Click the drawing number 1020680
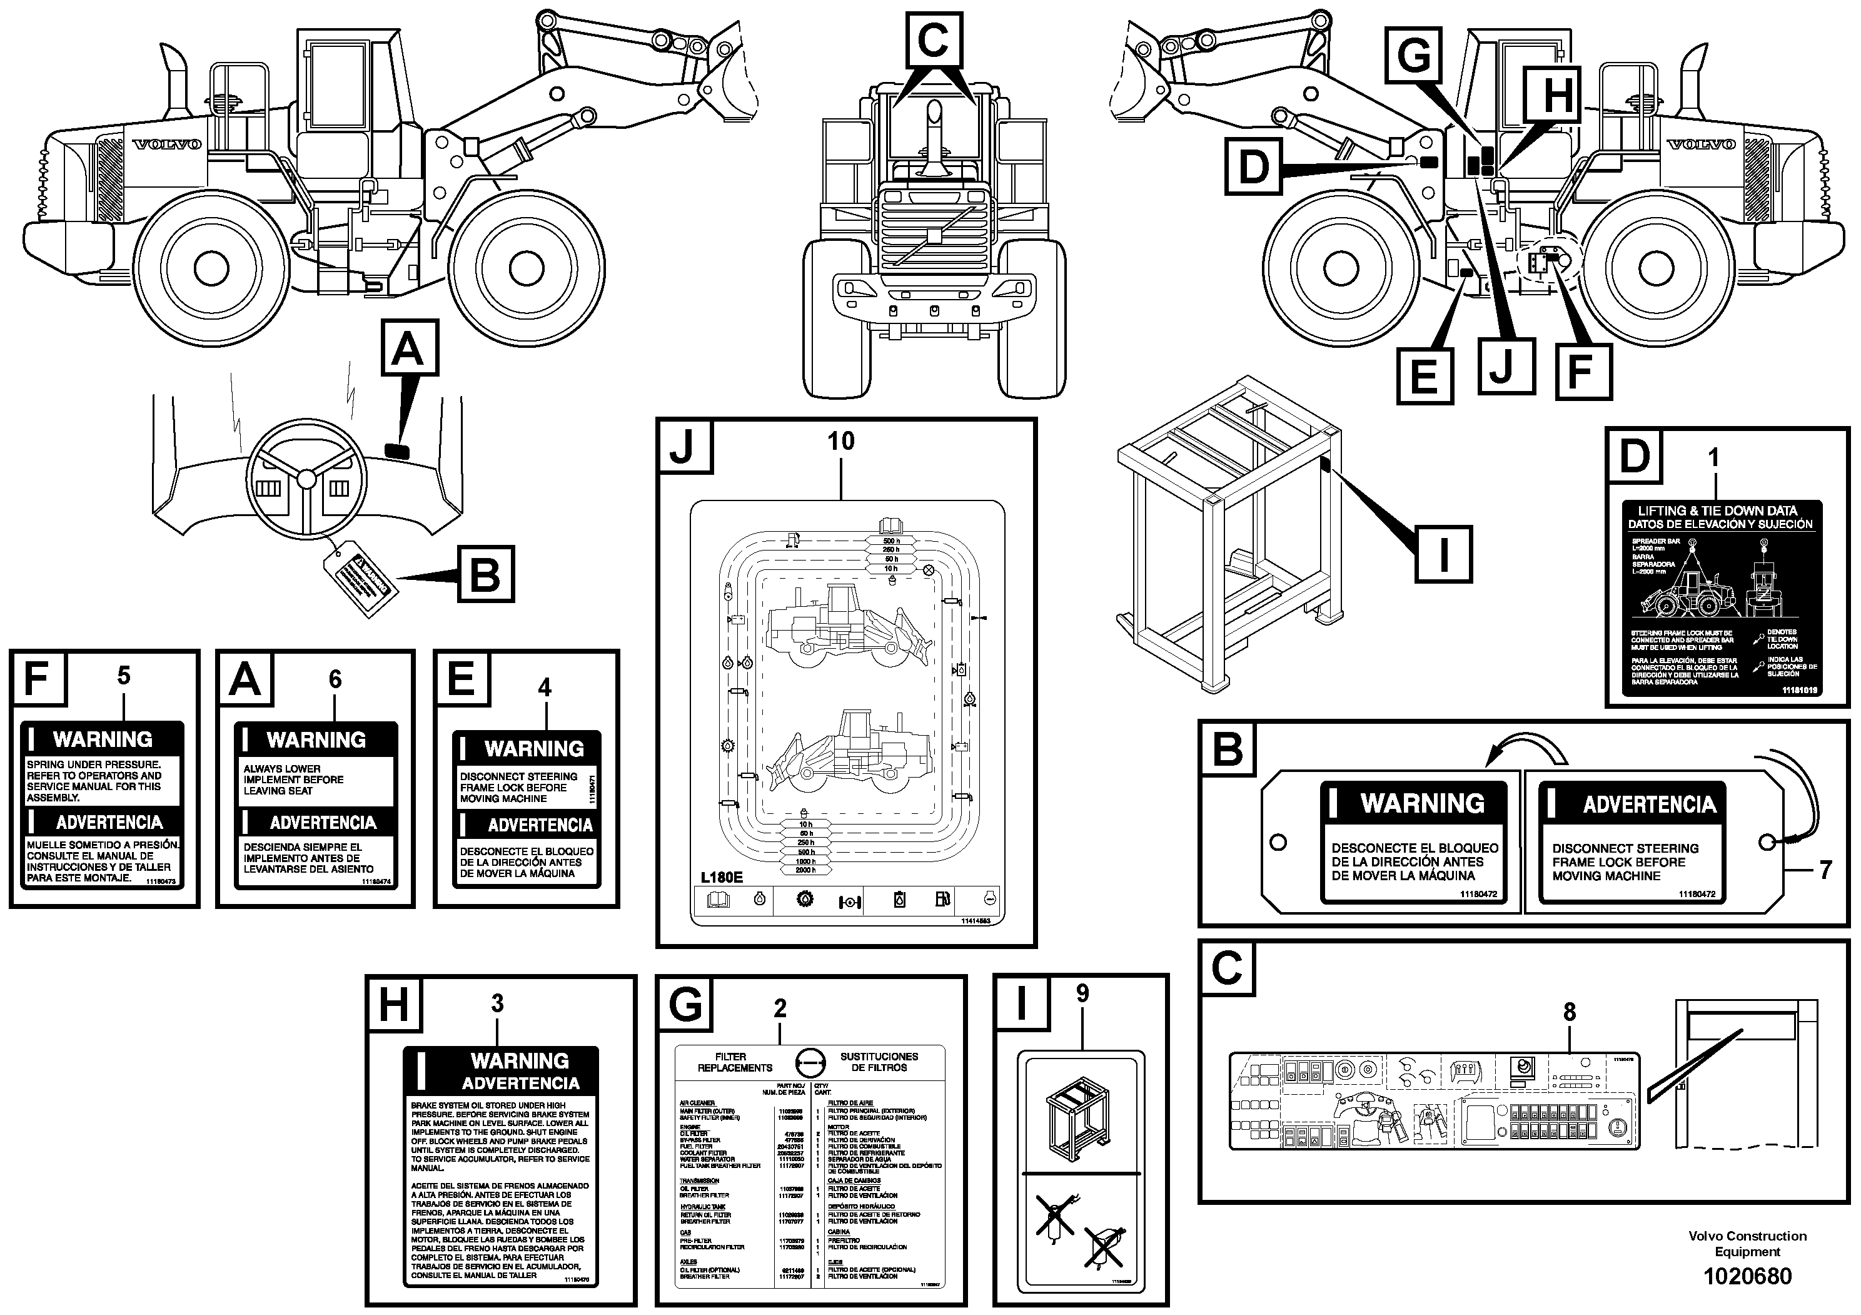pos(1747,1276)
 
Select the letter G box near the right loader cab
pos(1415,55)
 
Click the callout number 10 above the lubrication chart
pos(840,441)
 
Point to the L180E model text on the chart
pos(722,877)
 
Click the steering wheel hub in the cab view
pos(306,479)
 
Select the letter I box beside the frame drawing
pos(1443,554)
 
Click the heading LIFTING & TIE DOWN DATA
pos(1718,510)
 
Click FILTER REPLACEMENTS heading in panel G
pos(733,1062)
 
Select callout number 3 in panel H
pos(497,1003)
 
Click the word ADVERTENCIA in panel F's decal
pos(109,822)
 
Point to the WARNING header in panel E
pos(533,748)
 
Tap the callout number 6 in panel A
pos(335,679)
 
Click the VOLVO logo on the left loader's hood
pos(167,145)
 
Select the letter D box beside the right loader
pos(1253,168)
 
